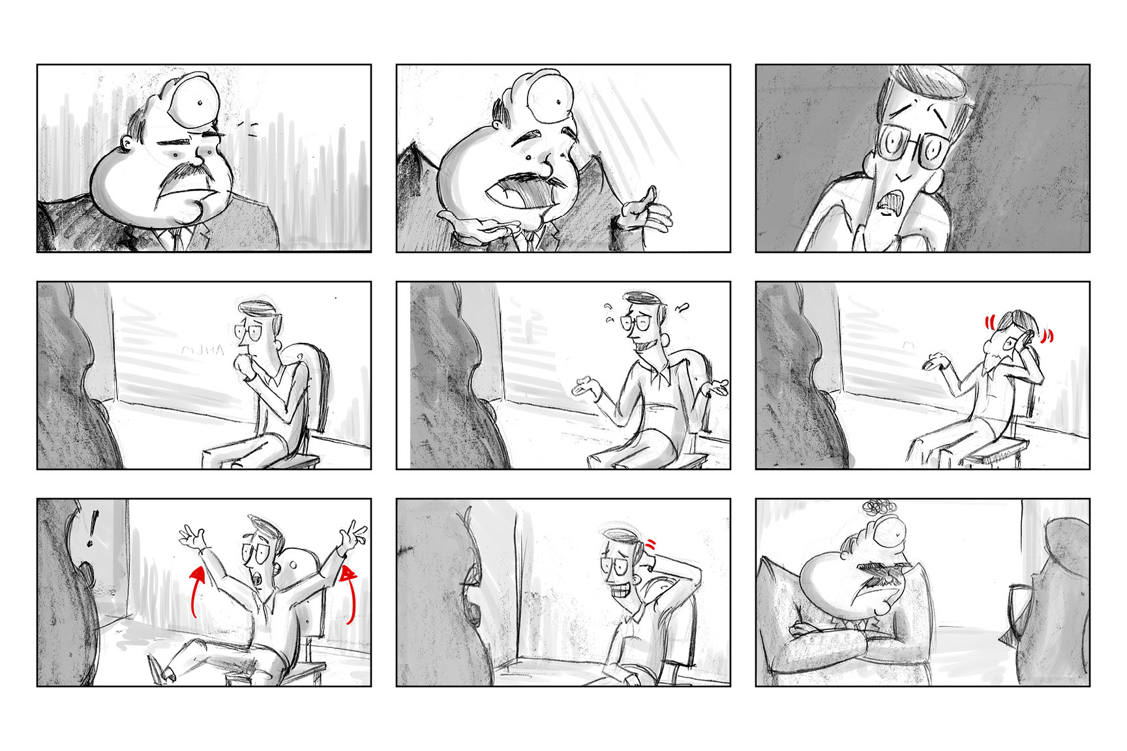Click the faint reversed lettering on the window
[x=202, y=350]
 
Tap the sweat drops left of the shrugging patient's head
[x=610, y=312]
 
